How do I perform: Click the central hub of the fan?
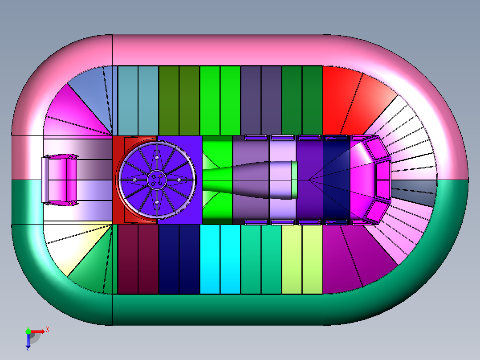point(157,180)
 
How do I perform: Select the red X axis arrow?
point(37,331)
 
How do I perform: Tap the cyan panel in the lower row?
point(220,259)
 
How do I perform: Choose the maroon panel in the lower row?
point(138,259)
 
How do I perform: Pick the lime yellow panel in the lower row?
point(302,259)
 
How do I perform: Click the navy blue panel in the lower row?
point(179,259)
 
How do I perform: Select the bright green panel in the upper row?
point(220,100)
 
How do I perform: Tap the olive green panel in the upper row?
point(179,100)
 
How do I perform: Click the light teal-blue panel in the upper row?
point(138,100)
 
